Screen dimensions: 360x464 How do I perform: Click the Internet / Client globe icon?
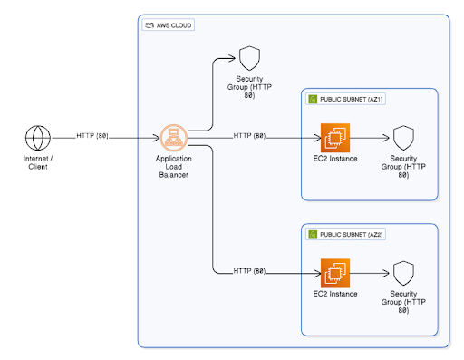(x=37, y=139)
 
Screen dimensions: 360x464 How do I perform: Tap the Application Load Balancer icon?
(x=173, y=138)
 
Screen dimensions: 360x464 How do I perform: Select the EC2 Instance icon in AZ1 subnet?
(x=334, y=139)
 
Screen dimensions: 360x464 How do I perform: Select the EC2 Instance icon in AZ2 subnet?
(x=334, y=271)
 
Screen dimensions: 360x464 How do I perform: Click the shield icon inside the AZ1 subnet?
(x=404, y=139)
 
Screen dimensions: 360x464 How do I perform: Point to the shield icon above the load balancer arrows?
(x=248, y=59)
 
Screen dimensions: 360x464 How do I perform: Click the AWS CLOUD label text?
(x=176, y=25)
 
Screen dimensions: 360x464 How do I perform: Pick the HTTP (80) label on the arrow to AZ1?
(x=249, y=136)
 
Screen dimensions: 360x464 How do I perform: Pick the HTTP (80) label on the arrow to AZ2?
(x=249, y=271)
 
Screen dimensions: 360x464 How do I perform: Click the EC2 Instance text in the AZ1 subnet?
(x=334, y=160)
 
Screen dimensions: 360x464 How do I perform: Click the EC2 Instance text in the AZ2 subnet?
(x=334, y=293)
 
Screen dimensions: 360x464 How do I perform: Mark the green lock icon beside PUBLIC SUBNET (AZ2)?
(x=312, y=234)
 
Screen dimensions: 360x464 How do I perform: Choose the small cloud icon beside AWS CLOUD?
(x=149, y=25)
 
